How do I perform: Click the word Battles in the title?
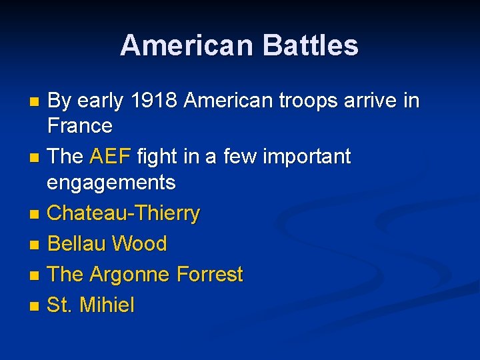(x=311, y=46)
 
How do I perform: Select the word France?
(x=80, y=125)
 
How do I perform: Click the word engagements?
(x=111, y=182)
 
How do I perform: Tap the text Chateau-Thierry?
(x=123, y=213)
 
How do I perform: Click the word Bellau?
(x=76, y=244)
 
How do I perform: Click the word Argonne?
(x=131, y=275)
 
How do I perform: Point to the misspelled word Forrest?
(x=210, y=275)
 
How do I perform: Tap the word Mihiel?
(x=107, y=305)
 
